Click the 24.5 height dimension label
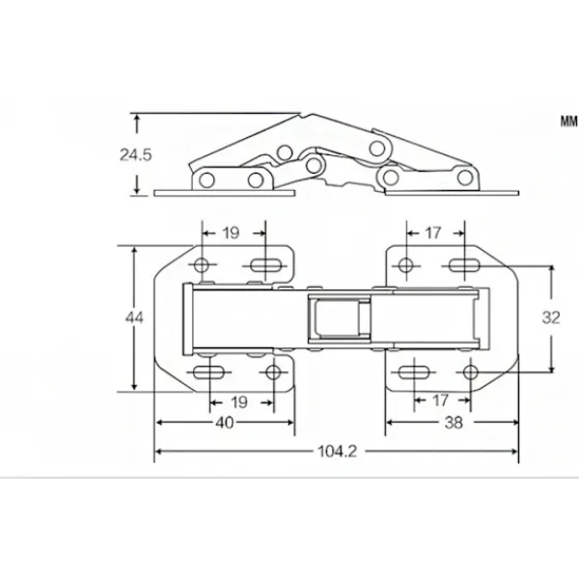[135, 154]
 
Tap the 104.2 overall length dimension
[337, 452]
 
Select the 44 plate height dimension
[134, 317]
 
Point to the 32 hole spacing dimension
[551, 317]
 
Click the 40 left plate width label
[225, 423]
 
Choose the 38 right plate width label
[454, 423]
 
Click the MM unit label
[568, 122]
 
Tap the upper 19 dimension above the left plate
[231, 233]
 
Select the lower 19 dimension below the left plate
[239, 402]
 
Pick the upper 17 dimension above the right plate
[432, 233]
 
